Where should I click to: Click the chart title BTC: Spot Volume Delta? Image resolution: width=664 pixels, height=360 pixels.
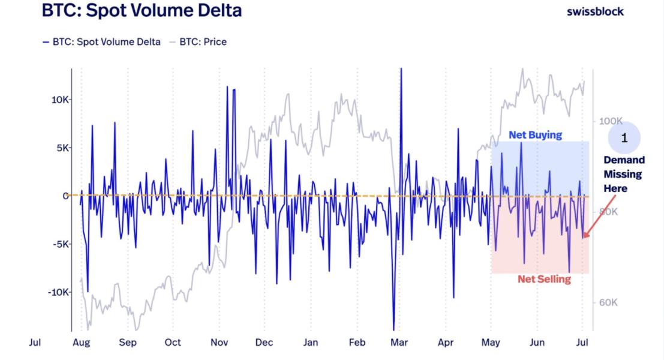(x=142, y=10)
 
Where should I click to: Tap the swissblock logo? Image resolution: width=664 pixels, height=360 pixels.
(x=595, y=11)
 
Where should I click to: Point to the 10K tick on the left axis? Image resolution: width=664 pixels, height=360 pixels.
(x=60, y=100)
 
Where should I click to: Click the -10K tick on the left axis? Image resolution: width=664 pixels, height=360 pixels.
(x=58, y=292)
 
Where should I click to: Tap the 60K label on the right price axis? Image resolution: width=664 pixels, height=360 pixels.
(x=607, y=302)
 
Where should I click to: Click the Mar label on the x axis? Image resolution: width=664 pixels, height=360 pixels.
(x=399, y=343)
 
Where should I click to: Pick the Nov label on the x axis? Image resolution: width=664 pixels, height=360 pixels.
(x=219, y=343)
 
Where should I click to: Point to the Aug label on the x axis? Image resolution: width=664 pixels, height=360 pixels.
(x=81, y=343)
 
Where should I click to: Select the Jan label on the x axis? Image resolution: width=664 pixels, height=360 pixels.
(x=310, y=343)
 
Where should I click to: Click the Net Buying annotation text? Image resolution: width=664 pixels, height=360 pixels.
(x=535, y=135)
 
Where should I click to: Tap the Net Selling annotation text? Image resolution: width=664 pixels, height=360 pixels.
(x=544, y=279)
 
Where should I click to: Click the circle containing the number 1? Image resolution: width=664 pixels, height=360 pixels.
(x=624, y=139)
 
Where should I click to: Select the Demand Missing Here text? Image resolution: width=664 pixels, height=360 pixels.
(x=624, y=174)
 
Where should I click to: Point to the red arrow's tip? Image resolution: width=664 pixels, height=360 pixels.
(x=585, y=237)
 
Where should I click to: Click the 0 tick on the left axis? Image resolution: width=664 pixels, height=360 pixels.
(x=63, y=196)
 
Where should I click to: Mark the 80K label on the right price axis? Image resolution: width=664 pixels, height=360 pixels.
(x=607, y=212)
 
